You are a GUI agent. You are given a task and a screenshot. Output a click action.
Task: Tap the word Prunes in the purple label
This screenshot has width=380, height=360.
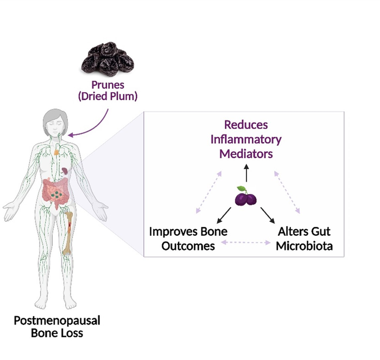pyautogui.click(x=107, y=85)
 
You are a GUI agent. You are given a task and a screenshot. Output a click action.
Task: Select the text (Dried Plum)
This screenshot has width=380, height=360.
pyautogui.click(x=107, y=97)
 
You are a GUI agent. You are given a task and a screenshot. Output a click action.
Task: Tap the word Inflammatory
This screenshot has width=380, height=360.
pyautogui.click(x=246, y=139)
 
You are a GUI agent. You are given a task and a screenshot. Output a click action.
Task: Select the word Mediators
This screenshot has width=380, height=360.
pyautogui.click(x=246, y=153)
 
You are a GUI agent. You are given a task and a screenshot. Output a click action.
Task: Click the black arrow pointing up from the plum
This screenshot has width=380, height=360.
pyautogui.click(x=245, y=173)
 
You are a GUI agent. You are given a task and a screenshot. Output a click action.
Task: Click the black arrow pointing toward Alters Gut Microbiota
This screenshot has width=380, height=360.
pyautogui.click(x=267, y=215)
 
